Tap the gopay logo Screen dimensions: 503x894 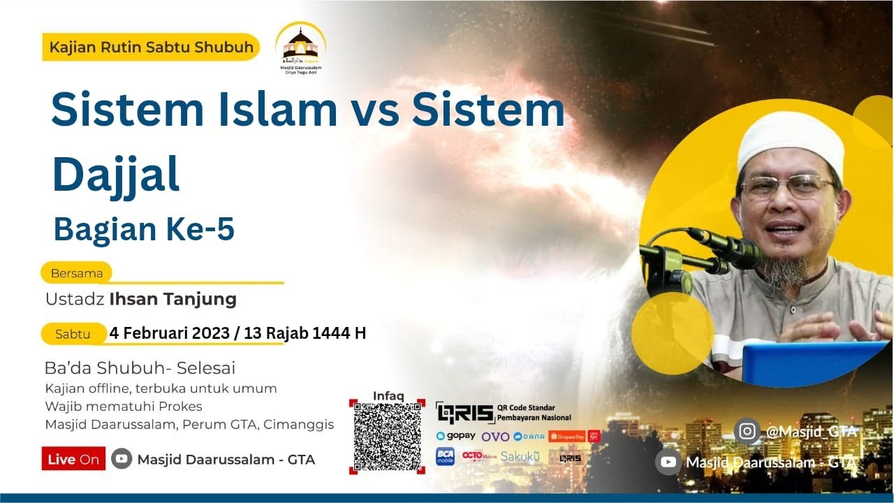pyautogui.click(x=455, y=436)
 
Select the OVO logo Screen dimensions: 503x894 pyautogui.click(x=495, y=437)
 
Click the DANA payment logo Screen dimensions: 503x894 pyautogui.click(x=529, y=437)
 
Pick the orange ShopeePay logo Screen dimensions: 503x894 pyautogui.click(x=566, y=437)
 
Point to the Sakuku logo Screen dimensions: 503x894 pyautogui.click(x=520, y=457)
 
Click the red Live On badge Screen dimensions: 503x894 pyautogui.click(x=73, y=459)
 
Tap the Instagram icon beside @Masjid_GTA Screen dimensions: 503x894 pyautogui.click(x=747, y=431)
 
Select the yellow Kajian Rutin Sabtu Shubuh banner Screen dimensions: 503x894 pyautogui.click(x=151, y=48)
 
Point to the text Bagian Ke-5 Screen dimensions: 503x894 pyautogui.click(x=144, y=230)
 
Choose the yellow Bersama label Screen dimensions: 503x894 pyautogui.click(x=77, y=273)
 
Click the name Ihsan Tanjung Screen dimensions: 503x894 pyautogui.click(x=173, y=300)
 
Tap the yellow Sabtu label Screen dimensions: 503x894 pyautogui.click(x=73, y=334)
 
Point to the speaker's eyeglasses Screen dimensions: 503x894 pyautogui.click(x=787, y=186)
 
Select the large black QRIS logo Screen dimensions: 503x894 pyautogui.click(x=464, y=413)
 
